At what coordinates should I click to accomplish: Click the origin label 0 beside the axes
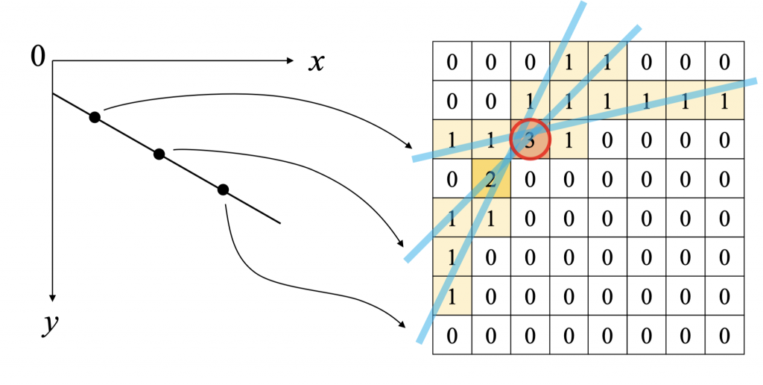(38, 56)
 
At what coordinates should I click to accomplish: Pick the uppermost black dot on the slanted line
(94, 117)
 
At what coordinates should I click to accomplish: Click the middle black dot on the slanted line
(159, 154)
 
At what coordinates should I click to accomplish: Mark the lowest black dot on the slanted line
(223, 190)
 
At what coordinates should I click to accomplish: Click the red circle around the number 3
(530, 139)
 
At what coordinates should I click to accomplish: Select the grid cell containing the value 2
(491, 179)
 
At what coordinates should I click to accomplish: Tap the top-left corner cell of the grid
(452, 61)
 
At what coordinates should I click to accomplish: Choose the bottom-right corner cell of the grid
(724, 335)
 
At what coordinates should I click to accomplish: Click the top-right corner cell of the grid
(724, 61)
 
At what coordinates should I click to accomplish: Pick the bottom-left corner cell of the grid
(452, 335)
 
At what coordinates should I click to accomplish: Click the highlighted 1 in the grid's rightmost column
(724, 101)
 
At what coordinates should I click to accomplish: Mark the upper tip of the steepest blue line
(582, 4)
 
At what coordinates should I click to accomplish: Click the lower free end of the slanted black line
(279, 222)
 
